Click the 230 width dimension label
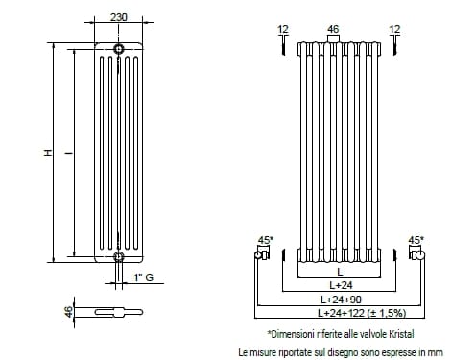click(119, 17)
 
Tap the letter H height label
click(48, 153)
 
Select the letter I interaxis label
click(69, 153)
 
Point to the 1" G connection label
click(144, 277)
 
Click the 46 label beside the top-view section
click(69, 312)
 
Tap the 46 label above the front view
click(333, 29)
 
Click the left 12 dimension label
click(283, 29)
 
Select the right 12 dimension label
click(394, 29)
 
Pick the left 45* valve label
click(266, 240)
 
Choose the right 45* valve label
click(416, 240)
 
